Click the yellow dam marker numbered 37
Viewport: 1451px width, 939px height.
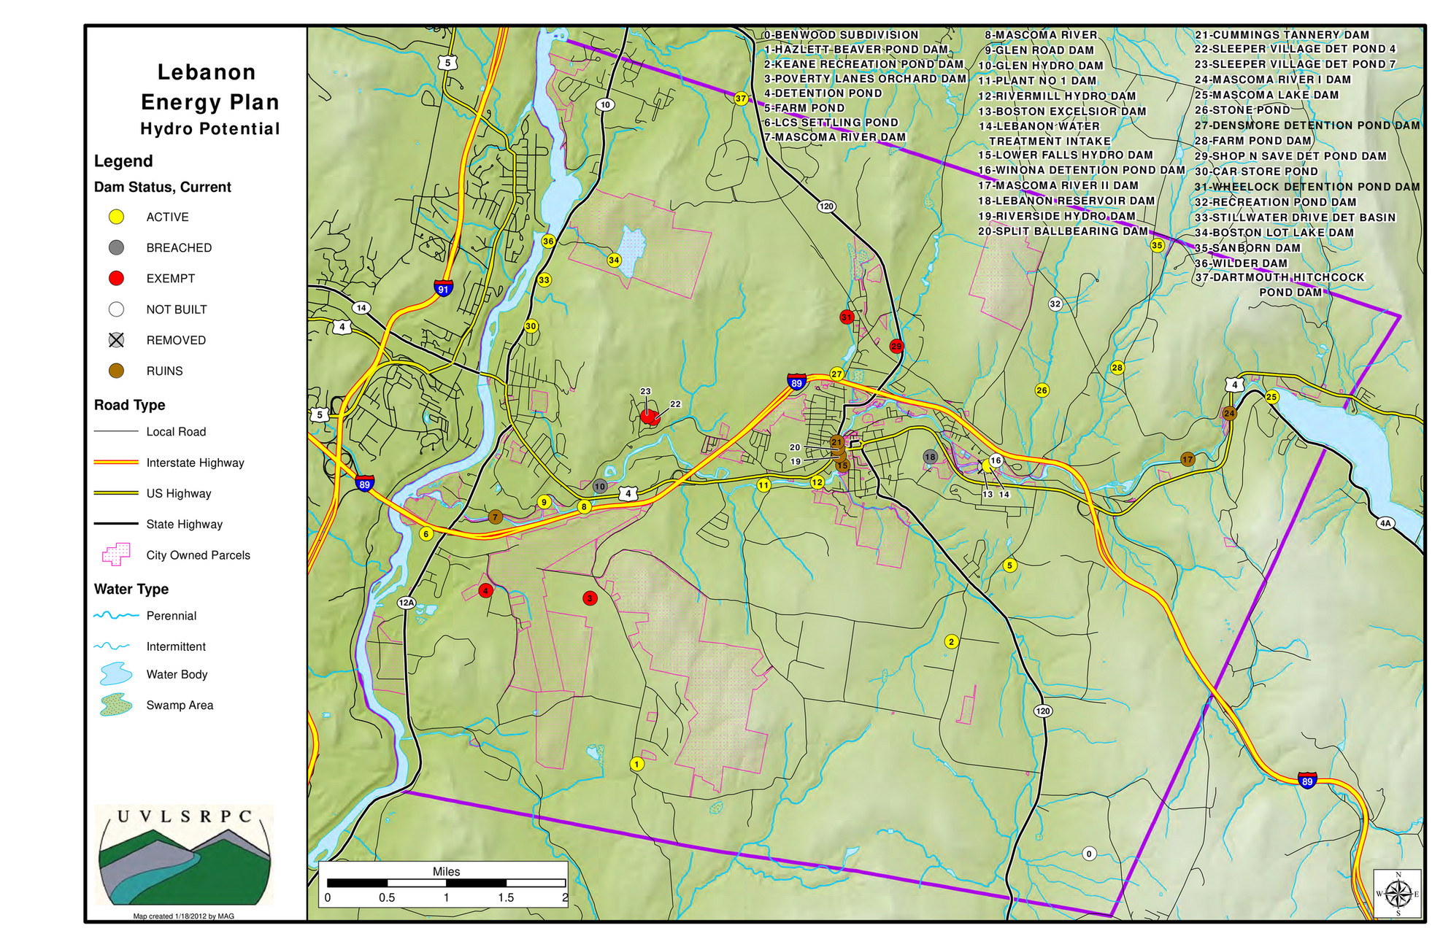(x=741, y=98)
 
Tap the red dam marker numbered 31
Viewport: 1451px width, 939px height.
(x=847, y=317)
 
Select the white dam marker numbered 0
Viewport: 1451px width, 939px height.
(x=1089, y=854)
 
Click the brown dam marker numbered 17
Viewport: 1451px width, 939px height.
(x=1188, y=459)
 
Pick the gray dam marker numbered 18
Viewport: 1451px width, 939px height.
(x=930, y=457)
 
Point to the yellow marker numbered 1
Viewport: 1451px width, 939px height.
(x=636, y=764)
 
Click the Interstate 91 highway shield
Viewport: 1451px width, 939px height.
(x=443, y=287)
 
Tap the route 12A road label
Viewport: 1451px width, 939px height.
(x=407, y=603)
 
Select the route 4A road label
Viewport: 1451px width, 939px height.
(x=1385, y=522)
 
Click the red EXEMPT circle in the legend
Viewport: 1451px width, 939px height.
(x=116, y=278)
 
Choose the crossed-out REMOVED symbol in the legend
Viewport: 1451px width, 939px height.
(x=116, y=340)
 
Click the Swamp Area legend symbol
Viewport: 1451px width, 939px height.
(x=116, y=705)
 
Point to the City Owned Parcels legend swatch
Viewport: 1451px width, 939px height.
(x=116, y=554)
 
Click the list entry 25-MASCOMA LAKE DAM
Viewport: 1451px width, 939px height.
(x=1266, y=95)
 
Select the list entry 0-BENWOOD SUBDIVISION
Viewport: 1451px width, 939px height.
(x=841, y=35)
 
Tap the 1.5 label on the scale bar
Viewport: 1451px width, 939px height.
(x=506, y=897)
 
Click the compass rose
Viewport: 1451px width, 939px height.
(x=1398, y=893)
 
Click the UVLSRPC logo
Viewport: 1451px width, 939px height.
(x=185, y=854)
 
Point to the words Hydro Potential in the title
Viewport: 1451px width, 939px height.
(x=210, y=129)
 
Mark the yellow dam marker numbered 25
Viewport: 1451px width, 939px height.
(x=1272, y=397)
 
